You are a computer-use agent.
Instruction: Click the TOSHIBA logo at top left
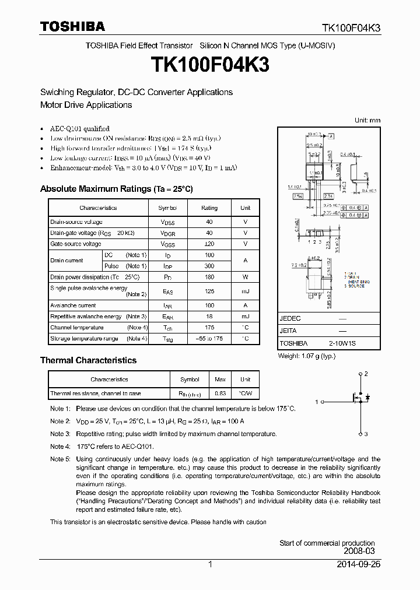[72, 27]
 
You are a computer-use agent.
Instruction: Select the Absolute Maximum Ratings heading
[116, 189]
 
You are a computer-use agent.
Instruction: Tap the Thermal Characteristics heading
[88, 360]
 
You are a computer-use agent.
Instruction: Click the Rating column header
[209, 208]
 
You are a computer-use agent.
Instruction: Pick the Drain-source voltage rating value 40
[209, 222]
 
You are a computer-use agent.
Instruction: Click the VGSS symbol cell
[167, 244]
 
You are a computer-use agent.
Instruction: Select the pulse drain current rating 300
[209, 266]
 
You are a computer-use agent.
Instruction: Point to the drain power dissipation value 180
[209, 277]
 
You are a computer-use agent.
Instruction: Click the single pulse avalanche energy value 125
[209, 291]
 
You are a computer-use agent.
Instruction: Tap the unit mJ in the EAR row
[245, 317]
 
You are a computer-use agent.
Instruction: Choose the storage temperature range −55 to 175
[209, 339]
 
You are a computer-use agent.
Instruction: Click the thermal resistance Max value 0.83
[220, 394]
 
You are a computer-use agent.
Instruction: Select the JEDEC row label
[290, 319]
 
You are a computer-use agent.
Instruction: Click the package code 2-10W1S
[342, 343]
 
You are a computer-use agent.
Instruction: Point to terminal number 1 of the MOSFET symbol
[317, 402]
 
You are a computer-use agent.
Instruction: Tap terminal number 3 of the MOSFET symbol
[366, 434]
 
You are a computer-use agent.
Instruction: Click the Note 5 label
[60, 459]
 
